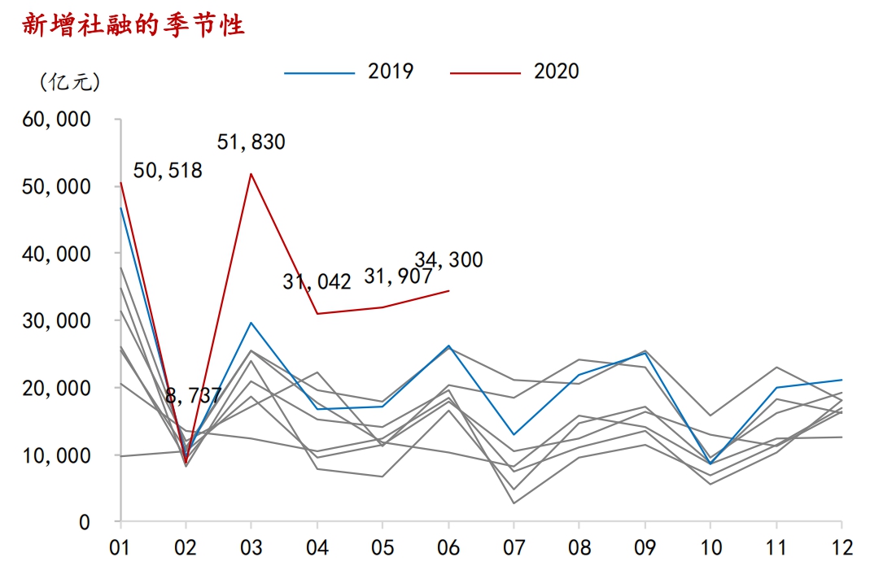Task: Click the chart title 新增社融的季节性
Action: (x=133, y=25)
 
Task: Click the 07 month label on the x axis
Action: (x=514, y=547)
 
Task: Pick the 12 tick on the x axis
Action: (x=842, y=547)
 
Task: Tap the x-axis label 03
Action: (x=251, y=547)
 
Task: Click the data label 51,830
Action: (x=251, y=142)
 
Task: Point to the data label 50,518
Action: (x=167, y=170)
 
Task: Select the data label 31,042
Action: (x=317, y=282)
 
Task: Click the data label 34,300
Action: (x=448, y=260)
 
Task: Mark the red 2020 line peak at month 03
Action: (x=251, y=173)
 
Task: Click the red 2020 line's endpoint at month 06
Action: (x=448, y=290)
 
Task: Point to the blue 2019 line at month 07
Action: (x=514, y=434)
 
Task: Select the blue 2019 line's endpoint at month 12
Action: (x=842, y=380)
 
